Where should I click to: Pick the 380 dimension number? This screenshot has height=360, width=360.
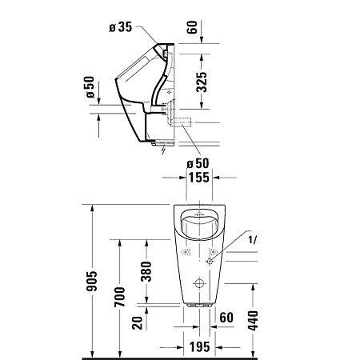[145, 274]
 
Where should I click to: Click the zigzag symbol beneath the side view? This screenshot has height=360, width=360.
[163, 148]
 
